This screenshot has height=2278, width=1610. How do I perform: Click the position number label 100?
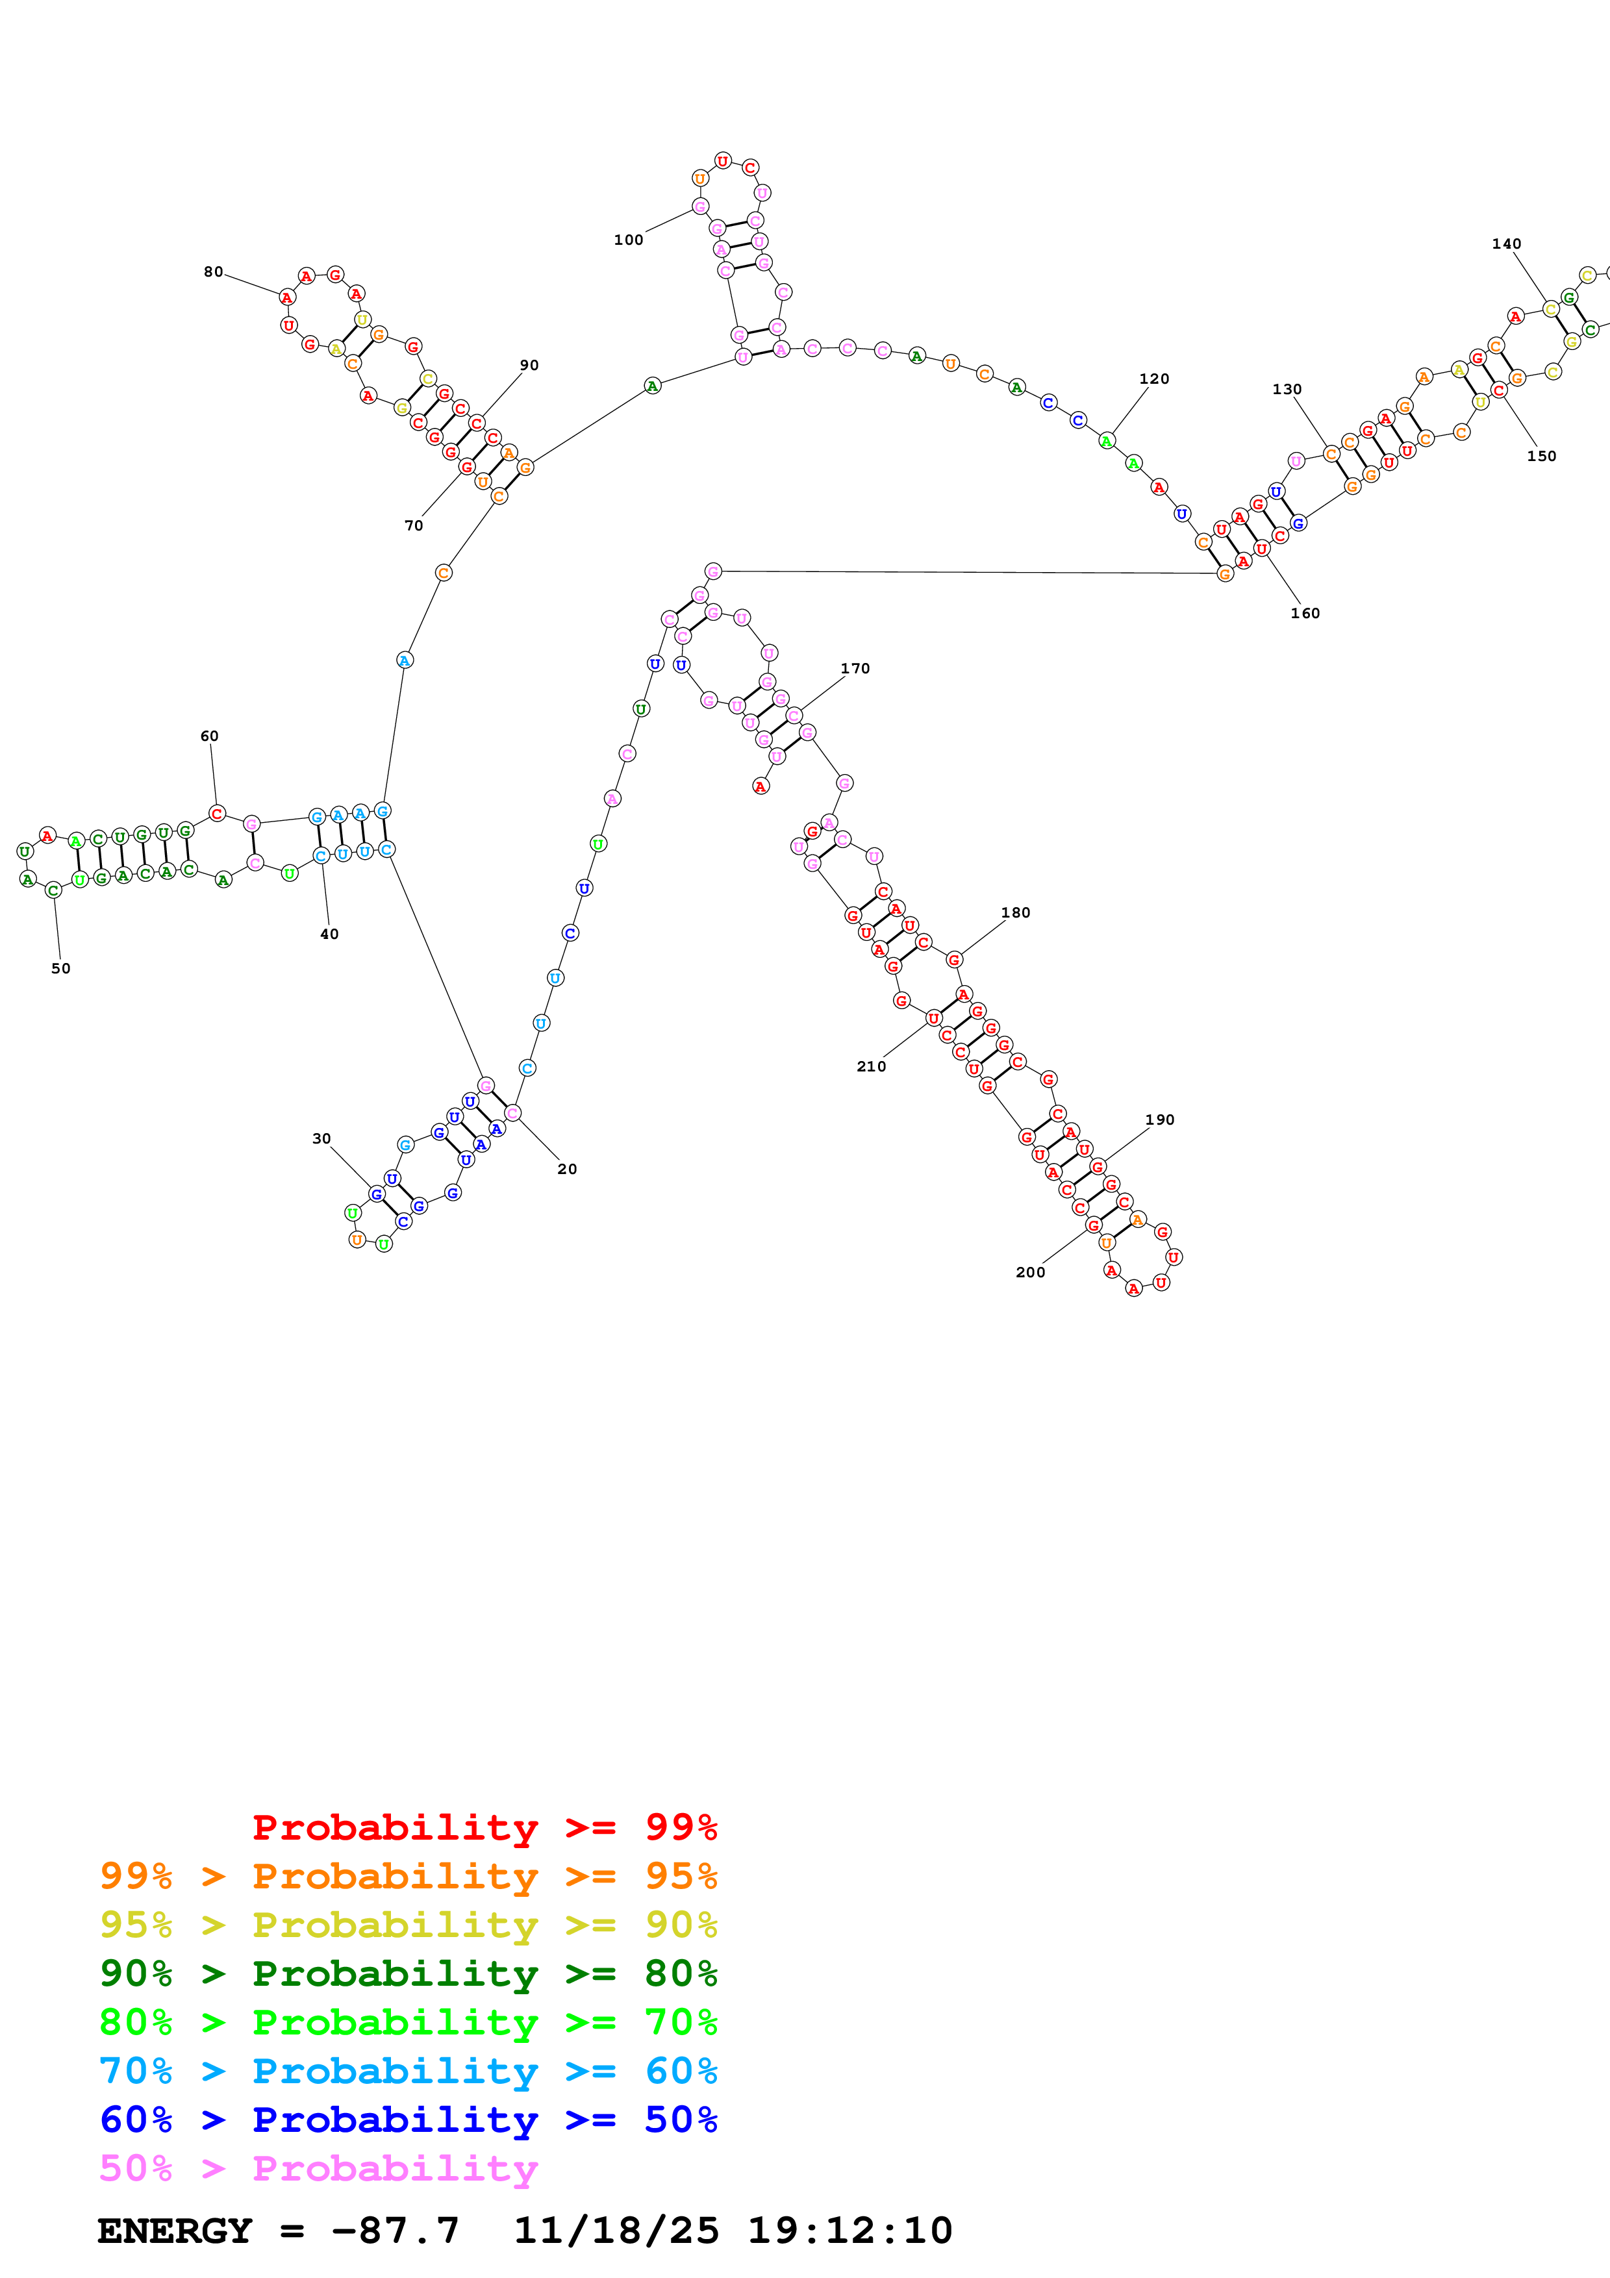[x=628, y=240]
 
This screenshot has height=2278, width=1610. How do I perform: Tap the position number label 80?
[x=213, y=272]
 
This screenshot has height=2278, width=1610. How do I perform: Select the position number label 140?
[x=1506, y=244]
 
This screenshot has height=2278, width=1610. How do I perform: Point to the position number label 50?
[x=60, y=968]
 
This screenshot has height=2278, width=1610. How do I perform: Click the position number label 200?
[x=1029, y=1272]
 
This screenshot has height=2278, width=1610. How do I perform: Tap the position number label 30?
[x=321, y=1139]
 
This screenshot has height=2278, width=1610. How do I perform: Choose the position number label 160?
[x=1305, y=613]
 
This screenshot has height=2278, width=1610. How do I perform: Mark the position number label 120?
[x=1153, y=379]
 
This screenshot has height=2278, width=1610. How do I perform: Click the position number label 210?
[x=871, y=1066]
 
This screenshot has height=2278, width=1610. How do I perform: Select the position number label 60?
[x=209, y=736]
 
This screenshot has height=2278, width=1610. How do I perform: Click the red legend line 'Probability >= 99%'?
[x=484, y=1827]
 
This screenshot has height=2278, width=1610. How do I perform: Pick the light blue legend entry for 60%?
[x=408, y=2071]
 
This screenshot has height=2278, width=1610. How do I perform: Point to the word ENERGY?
[x=175, y=2231]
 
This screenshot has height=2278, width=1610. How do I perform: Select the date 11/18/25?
[x=616, y=2231]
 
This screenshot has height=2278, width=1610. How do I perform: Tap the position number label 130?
[x=1287, y=390]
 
